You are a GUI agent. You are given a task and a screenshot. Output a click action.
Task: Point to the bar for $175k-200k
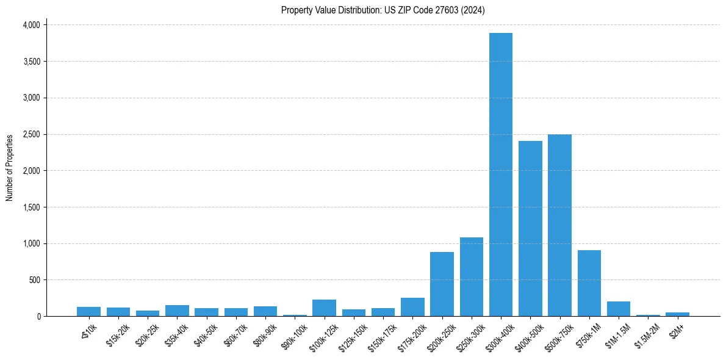tap(412, 307)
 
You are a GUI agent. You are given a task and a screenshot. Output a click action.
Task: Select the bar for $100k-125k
tap(324, 308)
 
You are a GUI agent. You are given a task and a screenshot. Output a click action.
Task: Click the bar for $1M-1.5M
tap(618, 309)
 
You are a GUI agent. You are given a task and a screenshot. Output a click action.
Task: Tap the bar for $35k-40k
tap(177, 311)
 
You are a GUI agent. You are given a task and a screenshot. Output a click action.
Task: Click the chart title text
tap(383, 10)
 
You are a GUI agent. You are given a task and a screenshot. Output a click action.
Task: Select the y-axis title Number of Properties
tap(10, 168)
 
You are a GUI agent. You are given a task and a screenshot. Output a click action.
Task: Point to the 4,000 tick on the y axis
tap(31, 25)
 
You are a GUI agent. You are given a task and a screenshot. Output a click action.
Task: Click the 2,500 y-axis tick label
tap(31, 134)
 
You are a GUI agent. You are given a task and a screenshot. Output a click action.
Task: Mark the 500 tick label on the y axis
tap(34, 280)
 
